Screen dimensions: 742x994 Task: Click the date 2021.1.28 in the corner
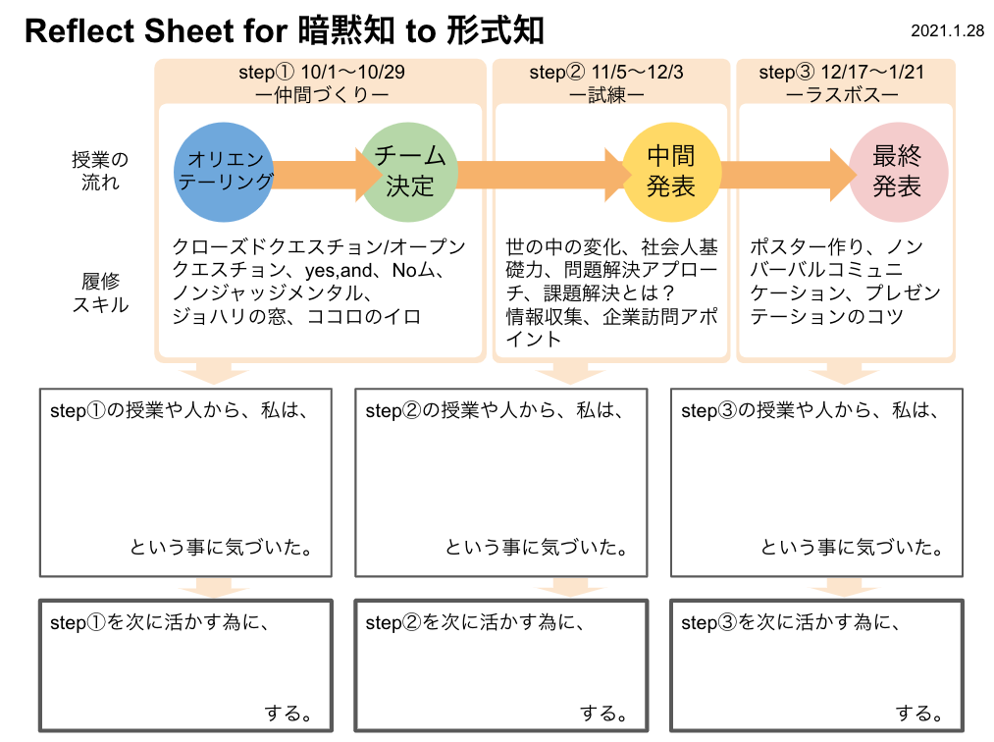(947, 31)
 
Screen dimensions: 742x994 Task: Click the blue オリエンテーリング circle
(225, 171)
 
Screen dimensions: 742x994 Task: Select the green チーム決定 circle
(410, 171)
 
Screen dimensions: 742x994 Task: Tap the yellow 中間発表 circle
(671, 171)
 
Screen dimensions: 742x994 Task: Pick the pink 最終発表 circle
(898, 171)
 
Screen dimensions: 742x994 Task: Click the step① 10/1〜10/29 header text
(322, 73)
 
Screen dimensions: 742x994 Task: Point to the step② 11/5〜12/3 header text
(606, 73)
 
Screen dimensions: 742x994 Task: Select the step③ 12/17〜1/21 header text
(842, 73)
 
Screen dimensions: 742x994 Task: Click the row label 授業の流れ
(99, 171)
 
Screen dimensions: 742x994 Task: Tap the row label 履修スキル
(99, 292)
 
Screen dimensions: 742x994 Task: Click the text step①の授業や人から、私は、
(180, 411)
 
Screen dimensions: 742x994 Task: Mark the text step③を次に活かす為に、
(790, 622)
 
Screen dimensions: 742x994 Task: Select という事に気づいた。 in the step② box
(537, 548)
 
